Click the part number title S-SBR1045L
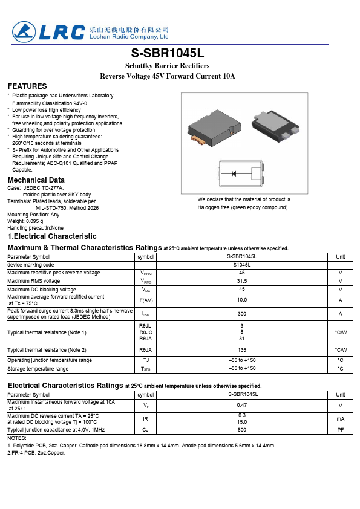180,53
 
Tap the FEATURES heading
27,86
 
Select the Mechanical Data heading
36,180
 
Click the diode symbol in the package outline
233,174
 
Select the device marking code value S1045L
241,265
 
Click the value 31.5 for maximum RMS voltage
241,281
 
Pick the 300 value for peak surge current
241,314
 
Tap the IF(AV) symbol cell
145,300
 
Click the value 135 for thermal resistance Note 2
241,350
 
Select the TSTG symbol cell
145,369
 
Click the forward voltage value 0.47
241,406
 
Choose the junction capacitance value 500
241,430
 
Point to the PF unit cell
340,430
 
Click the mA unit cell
340,418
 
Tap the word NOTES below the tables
16,438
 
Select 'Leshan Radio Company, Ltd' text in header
129,36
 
